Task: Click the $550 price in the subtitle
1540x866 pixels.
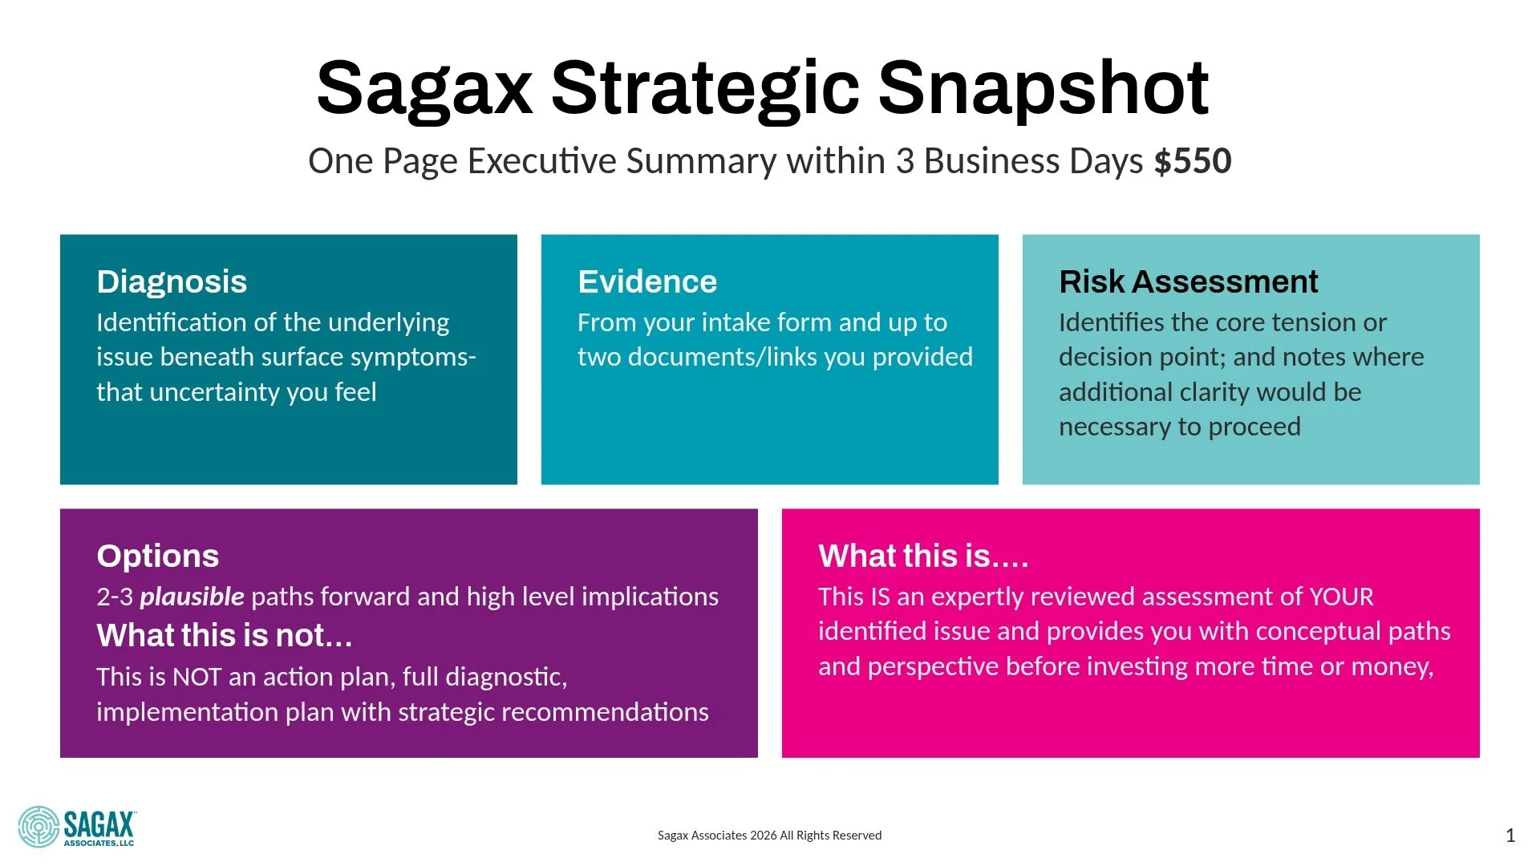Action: tap(1193, 161)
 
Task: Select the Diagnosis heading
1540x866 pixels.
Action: tap(172, 282)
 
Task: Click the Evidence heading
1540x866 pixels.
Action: tap(647, 282)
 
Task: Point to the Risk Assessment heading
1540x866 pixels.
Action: tap(1188, 282)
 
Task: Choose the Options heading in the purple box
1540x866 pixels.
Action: tap(157, 556)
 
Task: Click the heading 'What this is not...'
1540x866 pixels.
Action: tap(225, 636)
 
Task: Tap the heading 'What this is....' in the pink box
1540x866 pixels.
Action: tap(923, 556)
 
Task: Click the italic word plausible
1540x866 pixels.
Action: tap(192, 597)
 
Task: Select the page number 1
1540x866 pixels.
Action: tap(1510, 836)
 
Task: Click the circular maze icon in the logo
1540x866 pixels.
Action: tap(38, 827)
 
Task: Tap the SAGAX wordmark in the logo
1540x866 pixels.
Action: tap(99, 824)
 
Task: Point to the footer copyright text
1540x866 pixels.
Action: tap(769, 836)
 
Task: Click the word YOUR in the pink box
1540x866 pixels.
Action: tap(1341, 597)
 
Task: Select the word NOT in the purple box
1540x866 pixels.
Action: tap(197, 678)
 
